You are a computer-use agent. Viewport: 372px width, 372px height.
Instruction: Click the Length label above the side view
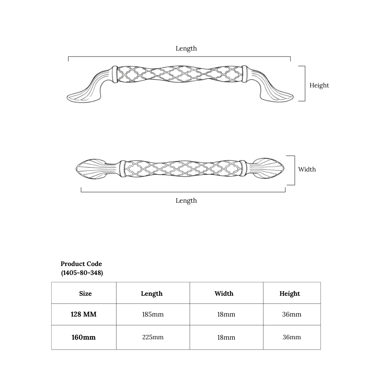(x=186, y=48)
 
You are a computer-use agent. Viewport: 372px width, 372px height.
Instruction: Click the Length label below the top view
(x=186, y=201)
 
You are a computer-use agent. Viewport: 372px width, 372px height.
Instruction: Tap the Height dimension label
(x=319, y=86)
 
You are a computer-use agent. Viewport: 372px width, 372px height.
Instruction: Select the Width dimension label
(x=307, y=169)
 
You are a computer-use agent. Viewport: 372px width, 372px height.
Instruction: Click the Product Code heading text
(x=81, y=264)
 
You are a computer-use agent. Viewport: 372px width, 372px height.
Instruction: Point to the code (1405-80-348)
(x=82, y=273)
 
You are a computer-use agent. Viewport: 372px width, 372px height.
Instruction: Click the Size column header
(x=86, y=294)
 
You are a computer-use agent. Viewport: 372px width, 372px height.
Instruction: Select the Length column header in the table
(x=152, y=294)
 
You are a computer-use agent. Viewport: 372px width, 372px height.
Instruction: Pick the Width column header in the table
(x=224, y=294)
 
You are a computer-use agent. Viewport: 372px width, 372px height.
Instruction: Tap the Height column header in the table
(x=290, y=294)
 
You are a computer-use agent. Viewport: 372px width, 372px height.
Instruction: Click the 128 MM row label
(x=83, y=314)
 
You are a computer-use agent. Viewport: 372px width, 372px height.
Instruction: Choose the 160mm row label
(x=83, y=337)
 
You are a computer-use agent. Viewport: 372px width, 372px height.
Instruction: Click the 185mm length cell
(x=153, y=314)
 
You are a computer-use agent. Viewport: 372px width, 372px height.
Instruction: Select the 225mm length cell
(x=153, y=337)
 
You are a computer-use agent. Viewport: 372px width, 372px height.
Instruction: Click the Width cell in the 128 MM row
(x=226, y=314)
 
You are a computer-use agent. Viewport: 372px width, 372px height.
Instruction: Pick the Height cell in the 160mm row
(x=292, y=337)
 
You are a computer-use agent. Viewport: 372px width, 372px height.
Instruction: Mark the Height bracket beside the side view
(x=305, y=83)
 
